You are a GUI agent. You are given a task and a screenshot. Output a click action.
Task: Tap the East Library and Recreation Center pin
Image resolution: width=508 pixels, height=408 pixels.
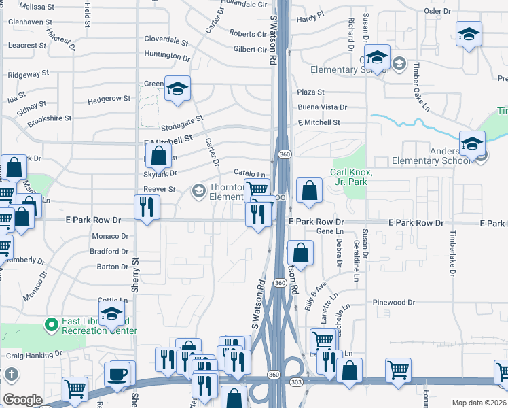click(50, 325)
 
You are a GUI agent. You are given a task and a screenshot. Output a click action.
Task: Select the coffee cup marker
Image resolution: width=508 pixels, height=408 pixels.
click(117, 374)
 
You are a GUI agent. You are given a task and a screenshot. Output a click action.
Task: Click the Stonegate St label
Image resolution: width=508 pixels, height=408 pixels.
click(182, 122)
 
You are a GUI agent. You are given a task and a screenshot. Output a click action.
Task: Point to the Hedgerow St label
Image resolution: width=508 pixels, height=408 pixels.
click(109, 99)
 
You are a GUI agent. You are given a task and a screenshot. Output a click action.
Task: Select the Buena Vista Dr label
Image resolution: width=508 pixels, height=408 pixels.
click(322, 107)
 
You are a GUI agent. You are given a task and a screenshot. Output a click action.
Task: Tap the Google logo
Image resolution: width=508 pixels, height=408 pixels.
click(22, 399)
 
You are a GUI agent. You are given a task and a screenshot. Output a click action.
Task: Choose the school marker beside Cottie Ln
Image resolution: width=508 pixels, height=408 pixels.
click(112, 315)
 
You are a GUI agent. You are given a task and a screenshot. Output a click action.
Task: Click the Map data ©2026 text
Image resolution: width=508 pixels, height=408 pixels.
click(479, 403)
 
